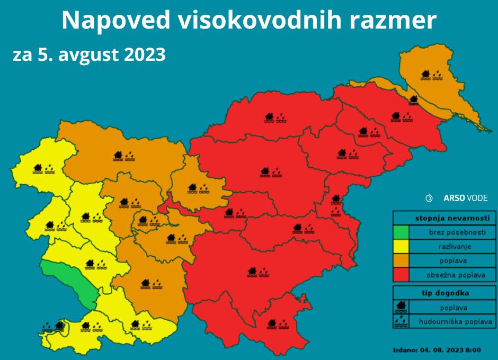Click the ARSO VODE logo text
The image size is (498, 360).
click(x=466, y=198)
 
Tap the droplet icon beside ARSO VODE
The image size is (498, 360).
click(x=429, y=198)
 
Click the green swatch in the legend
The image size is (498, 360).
click(x=401, y=232)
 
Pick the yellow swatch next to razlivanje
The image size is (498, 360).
click(x=401, y=246)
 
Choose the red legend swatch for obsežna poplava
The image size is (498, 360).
click(x=401, y=275)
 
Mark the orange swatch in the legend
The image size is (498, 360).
click(x=401, y=260)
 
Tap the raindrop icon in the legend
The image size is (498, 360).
click(x=401, y=321)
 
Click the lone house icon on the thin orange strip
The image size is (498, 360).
click(x=413, y=99)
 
